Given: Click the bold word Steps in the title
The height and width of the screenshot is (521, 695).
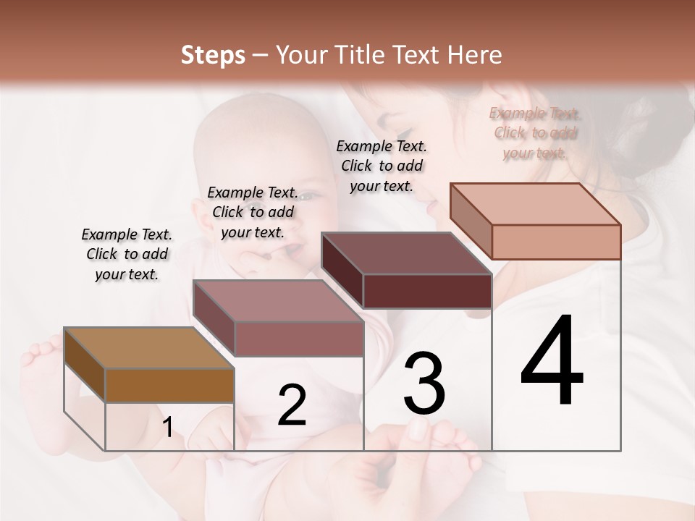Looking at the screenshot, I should tap(213, 55).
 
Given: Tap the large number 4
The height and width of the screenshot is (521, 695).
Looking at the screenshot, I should tap(552, 362).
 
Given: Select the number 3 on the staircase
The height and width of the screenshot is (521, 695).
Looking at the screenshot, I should tap(424, 383).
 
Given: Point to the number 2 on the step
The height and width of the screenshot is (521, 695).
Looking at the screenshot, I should tap(292, 405).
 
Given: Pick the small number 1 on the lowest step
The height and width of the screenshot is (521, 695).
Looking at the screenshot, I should tap(168, 428).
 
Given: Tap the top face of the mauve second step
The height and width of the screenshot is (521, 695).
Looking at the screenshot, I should tap(278, 300).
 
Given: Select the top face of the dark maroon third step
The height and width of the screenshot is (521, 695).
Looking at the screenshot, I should tap(407, 253).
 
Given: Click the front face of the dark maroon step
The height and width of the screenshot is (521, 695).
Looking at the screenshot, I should tap(427, 292).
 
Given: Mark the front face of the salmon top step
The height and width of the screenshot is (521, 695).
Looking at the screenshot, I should tap(556, 242).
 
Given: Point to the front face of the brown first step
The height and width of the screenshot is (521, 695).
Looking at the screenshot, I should tap(169, 385).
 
